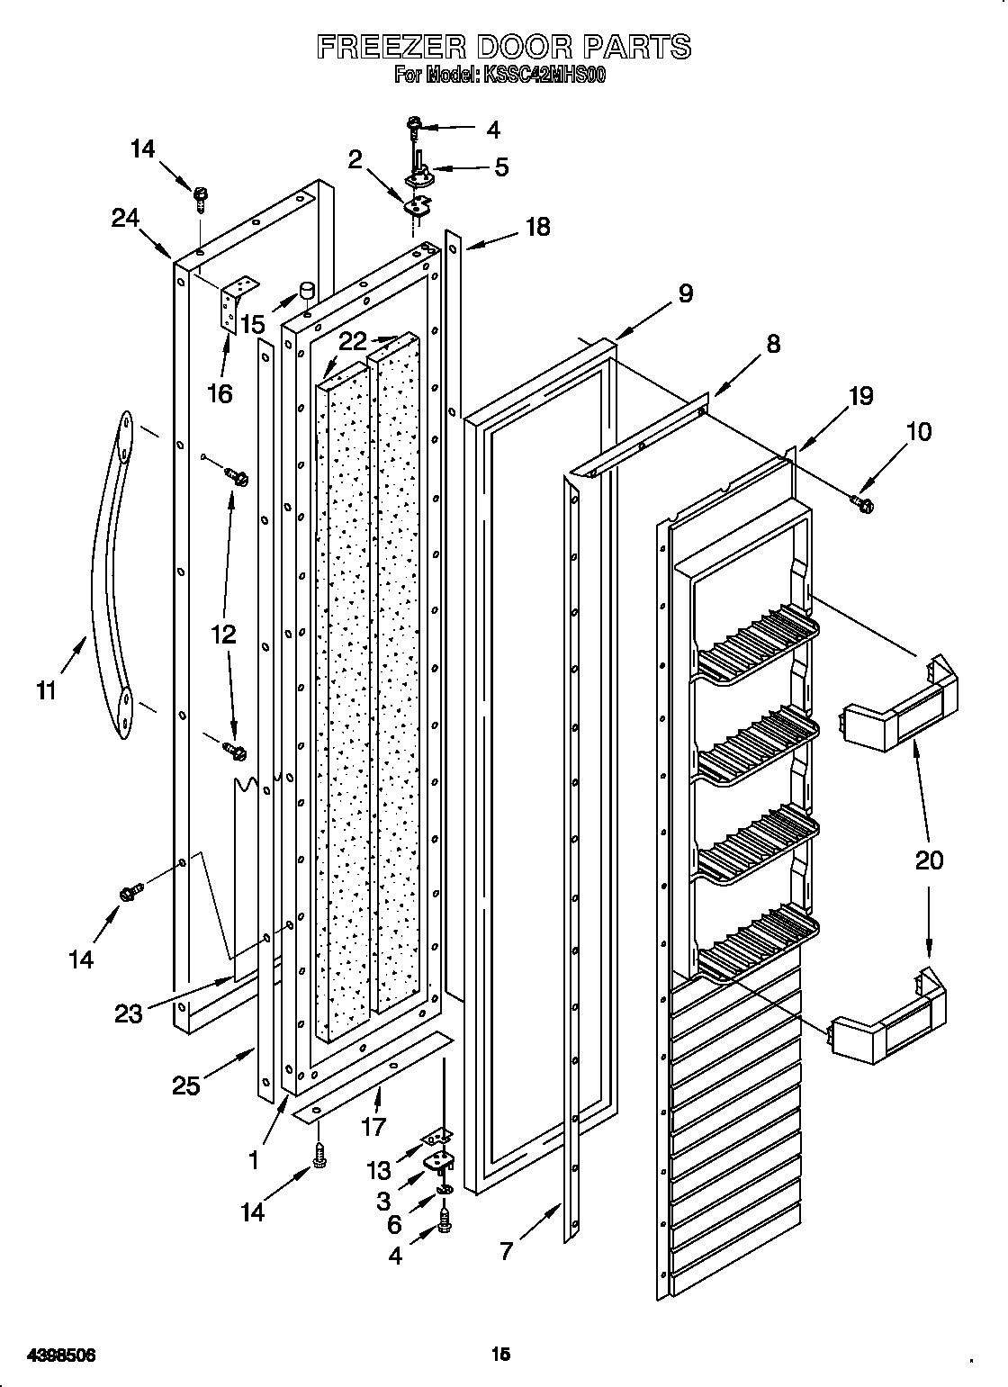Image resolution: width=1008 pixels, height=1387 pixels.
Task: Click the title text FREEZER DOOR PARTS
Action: [504, 46]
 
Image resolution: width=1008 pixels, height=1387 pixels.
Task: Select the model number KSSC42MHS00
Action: [544, 77]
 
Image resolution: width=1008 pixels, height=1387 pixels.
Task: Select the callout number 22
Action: [353, 341]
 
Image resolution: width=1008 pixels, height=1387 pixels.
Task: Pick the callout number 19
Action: [860, 396]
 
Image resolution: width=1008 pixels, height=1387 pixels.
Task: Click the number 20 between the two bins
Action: [929, 860]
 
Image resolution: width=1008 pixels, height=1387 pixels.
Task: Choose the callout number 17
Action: [373, 1126]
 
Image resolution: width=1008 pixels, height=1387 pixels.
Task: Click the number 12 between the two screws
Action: [223, 634]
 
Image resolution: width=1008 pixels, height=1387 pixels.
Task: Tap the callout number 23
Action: [129, 1013]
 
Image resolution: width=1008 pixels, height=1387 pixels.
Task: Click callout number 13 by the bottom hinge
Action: [379, 1170]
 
